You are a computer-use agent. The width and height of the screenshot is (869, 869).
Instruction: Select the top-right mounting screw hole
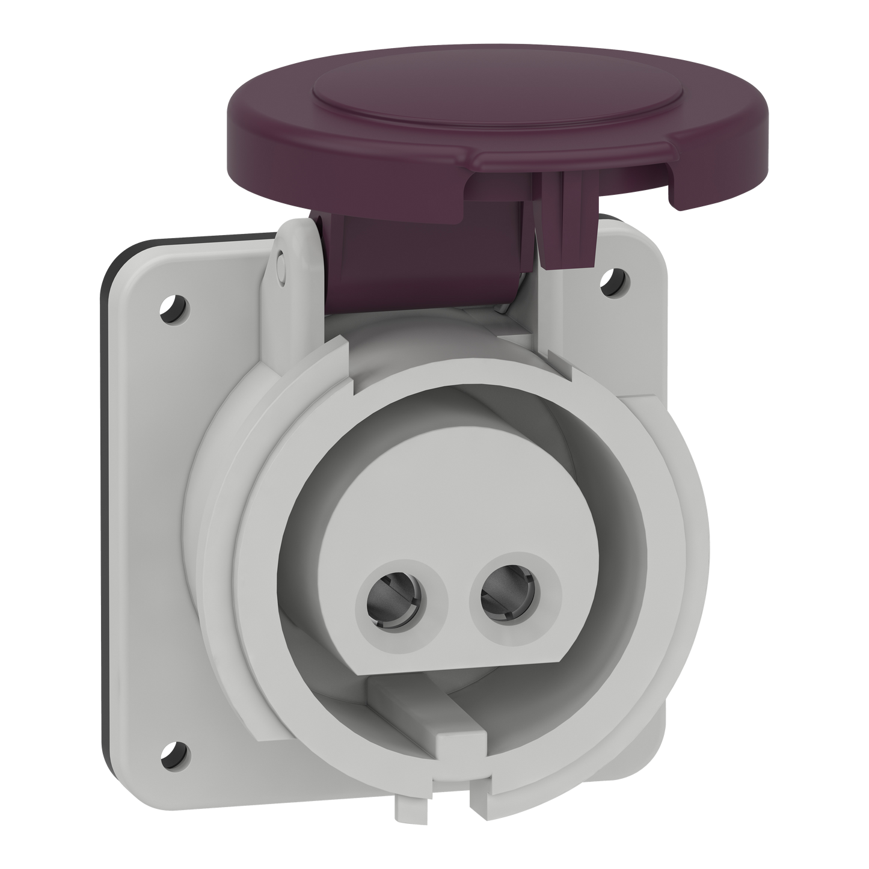613,278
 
